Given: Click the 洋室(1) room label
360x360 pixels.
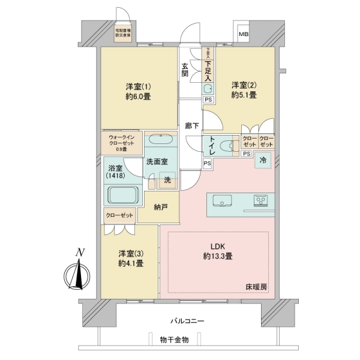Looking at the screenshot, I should point(138,89).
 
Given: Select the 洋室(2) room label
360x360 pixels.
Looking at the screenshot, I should point(244,89).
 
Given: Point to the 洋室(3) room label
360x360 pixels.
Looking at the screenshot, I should point(130,258).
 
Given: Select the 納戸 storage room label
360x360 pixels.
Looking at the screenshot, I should point(160,207).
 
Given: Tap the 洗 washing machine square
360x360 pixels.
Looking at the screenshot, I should point(168,179).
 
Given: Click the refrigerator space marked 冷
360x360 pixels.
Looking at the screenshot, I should point(262,160).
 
